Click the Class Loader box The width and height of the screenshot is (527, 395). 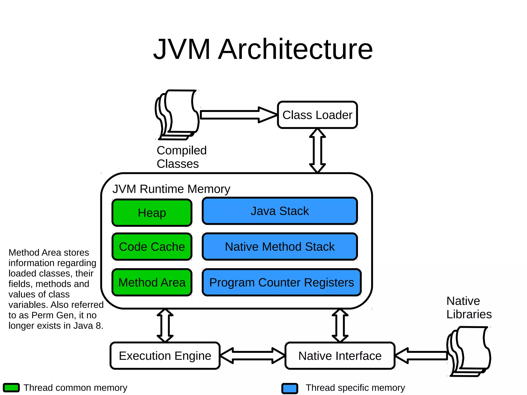tap(317, 115)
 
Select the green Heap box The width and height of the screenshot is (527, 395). tap(152, 213)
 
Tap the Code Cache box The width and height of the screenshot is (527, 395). tap(152, 247)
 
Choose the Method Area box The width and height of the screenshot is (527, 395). tap(152, 282)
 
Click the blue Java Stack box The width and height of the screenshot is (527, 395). tap(280, 211)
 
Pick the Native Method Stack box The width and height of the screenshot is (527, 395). tap(280, 247)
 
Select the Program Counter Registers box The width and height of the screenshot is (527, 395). tap(282, 282)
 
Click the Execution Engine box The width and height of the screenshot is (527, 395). tap(165, 356)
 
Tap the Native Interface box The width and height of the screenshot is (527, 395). tap(340, 356)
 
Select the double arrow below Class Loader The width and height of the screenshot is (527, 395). tap(317, 151)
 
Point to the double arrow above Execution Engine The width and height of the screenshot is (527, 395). tap(165, 326)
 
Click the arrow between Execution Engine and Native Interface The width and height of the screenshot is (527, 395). tap(252, 356)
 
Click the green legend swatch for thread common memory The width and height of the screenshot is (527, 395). tap(11, 388)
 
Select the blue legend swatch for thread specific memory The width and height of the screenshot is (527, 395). tap(290, 388)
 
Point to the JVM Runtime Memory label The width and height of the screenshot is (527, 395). tap(171, 189)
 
